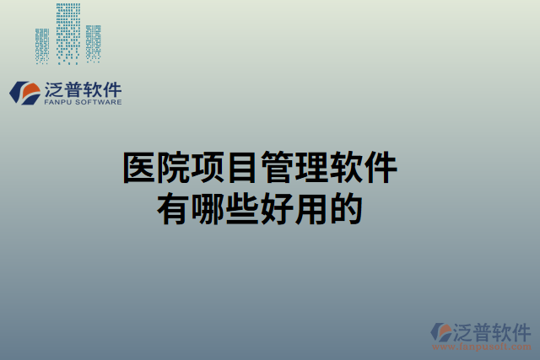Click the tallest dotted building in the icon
click(67, 34)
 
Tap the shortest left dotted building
click(42, 46)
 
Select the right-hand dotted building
click(93, 42)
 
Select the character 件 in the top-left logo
click(111, 89)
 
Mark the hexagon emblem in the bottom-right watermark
click(441, 331)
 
